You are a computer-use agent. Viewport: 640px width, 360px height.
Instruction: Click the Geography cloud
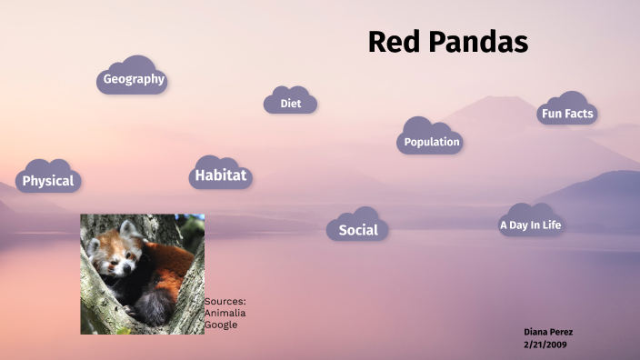(133, 79)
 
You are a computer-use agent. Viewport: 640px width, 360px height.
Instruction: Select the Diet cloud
(290, 104)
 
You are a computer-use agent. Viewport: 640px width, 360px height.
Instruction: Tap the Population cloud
(431, 141)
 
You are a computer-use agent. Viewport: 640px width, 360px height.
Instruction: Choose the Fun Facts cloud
(566, 114)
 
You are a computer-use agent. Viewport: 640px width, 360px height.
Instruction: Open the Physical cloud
(48, 180)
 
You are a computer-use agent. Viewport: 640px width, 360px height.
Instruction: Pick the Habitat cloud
(220, 175)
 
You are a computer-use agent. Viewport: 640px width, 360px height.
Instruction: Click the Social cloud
(357, 229)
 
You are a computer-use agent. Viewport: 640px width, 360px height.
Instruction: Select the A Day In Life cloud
(530, 225)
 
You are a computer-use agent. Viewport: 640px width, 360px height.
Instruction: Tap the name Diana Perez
(548, 332)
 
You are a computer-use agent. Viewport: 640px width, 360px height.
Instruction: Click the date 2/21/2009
(545, 345)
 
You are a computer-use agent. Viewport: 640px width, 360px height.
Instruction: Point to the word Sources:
(225, 301)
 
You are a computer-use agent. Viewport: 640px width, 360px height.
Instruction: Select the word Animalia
(225, 313)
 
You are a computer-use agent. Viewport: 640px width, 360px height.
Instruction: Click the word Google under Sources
(220, 324)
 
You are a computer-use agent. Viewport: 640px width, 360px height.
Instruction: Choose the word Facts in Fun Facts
(579, 114)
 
